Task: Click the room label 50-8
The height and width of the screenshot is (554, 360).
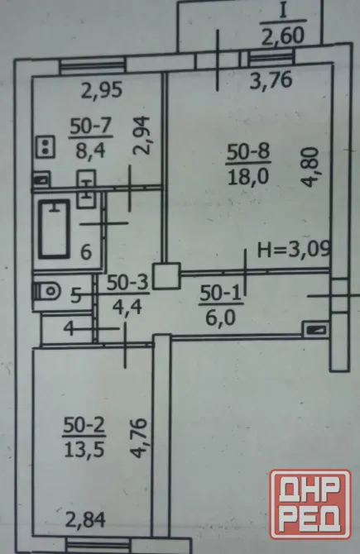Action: click(x=248, y=152)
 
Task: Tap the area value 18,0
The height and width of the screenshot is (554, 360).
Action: click(x=248, y=176)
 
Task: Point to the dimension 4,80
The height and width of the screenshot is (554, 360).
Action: click(x=312, y=168)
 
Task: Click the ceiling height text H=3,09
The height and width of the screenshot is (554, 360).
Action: click(x=295, y=250)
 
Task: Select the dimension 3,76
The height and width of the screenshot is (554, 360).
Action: click(x=271, y=80)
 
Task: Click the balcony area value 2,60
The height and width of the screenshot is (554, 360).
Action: click(x=282, y=36)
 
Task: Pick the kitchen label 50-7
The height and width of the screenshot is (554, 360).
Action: click(x=90, y=127)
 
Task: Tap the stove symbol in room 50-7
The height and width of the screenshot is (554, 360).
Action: click(x=46, y=147)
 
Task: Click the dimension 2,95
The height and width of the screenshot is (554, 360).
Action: click(x=102, y=90)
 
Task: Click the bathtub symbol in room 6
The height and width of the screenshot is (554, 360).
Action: click(x=54, y=228)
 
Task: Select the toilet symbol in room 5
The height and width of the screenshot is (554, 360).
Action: click(x=47, y=292)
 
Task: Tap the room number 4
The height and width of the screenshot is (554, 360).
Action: click(x=69, y=329)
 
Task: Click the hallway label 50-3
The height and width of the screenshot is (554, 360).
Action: click(x=127, y=284)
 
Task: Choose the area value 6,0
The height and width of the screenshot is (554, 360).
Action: click(x=220, y=318)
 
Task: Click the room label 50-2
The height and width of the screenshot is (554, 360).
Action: click(x=84, y=426)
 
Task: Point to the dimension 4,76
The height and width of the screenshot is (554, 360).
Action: click(x=138, y=438)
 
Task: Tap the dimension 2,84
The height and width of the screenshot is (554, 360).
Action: click(x=85, y=520)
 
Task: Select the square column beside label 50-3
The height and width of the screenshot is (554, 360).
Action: click(x=166, y=276)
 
